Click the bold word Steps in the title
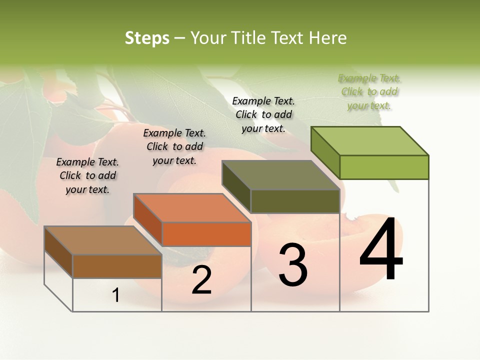click(x=147, y=38)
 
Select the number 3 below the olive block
click(x=293, y=265)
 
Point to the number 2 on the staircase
click(x=202, y=280)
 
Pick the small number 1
click(x=116, y=295)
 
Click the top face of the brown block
click(x=102, y=240)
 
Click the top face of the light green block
click(x=370, y=141)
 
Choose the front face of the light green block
click(x=384, y=167)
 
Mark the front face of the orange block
click(x=206, y=234)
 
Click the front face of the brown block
click(x=117, y=266)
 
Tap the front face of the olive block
click(x=295, y=201)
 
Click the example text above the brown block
click(x=87, y=175)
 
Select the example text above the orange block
click(x=174, y=146)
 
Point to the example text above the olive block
click(x=263, y=114)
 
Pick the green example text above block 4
click(x=369, y=91)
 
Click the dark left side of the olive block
click(x=236, y=187)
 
